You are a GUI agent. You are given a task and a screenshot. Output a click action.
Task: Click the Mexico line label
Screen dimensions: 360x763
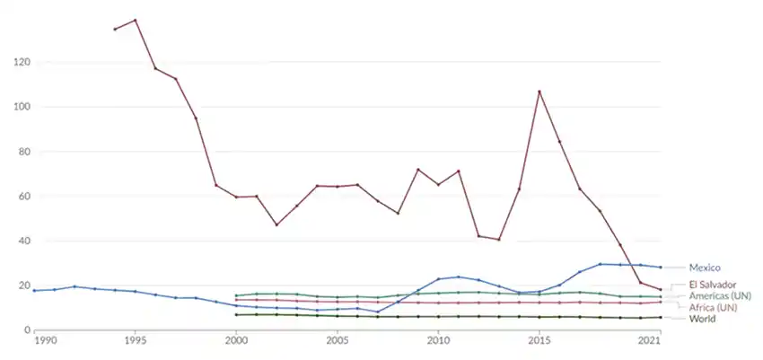click(x=705, y=268)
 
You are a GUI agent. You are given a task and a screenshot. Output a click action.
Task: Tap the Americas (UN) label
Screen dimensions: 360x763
click(x=720, y=296)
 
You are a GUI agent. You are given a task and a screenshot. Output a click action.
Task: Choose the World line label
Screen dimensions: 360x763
click(x=702, y=319)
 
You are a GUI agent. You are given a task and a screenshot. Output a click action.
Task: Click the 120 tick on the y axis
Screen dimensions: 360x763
click(x=22, y=63)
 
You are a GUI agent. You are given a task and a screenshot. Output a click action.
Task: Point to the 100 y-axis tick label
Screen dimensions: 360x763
click(x=22, y=107)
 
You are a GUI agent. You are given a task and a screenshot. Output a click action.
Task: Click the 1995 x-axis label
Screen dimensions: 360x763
click(x=135, y=342)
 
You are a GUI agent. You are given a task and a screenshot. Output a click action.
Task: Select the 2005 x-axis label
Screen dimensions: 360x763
click(x=337, y=342)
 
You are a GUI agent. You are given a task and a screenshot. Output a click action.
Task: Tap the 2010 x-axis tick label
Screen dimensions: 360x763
click(x=438, y=342)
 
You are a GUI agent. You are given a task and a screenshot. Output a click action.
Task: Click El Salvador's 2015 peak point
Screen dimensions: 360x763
click(x=539, y=92)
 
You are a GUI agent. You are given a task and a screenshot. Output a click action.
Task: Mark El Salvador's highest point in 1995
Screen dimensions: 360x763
click(x=135, y=20)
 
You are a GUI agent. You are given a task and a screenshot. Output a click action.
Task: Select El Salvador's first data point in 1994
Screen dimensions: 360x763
click(x=115, y=30)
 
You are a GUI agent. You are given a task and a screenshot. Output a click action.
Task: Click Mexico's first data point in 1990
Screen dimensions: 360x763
click(x=34, y=290)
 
